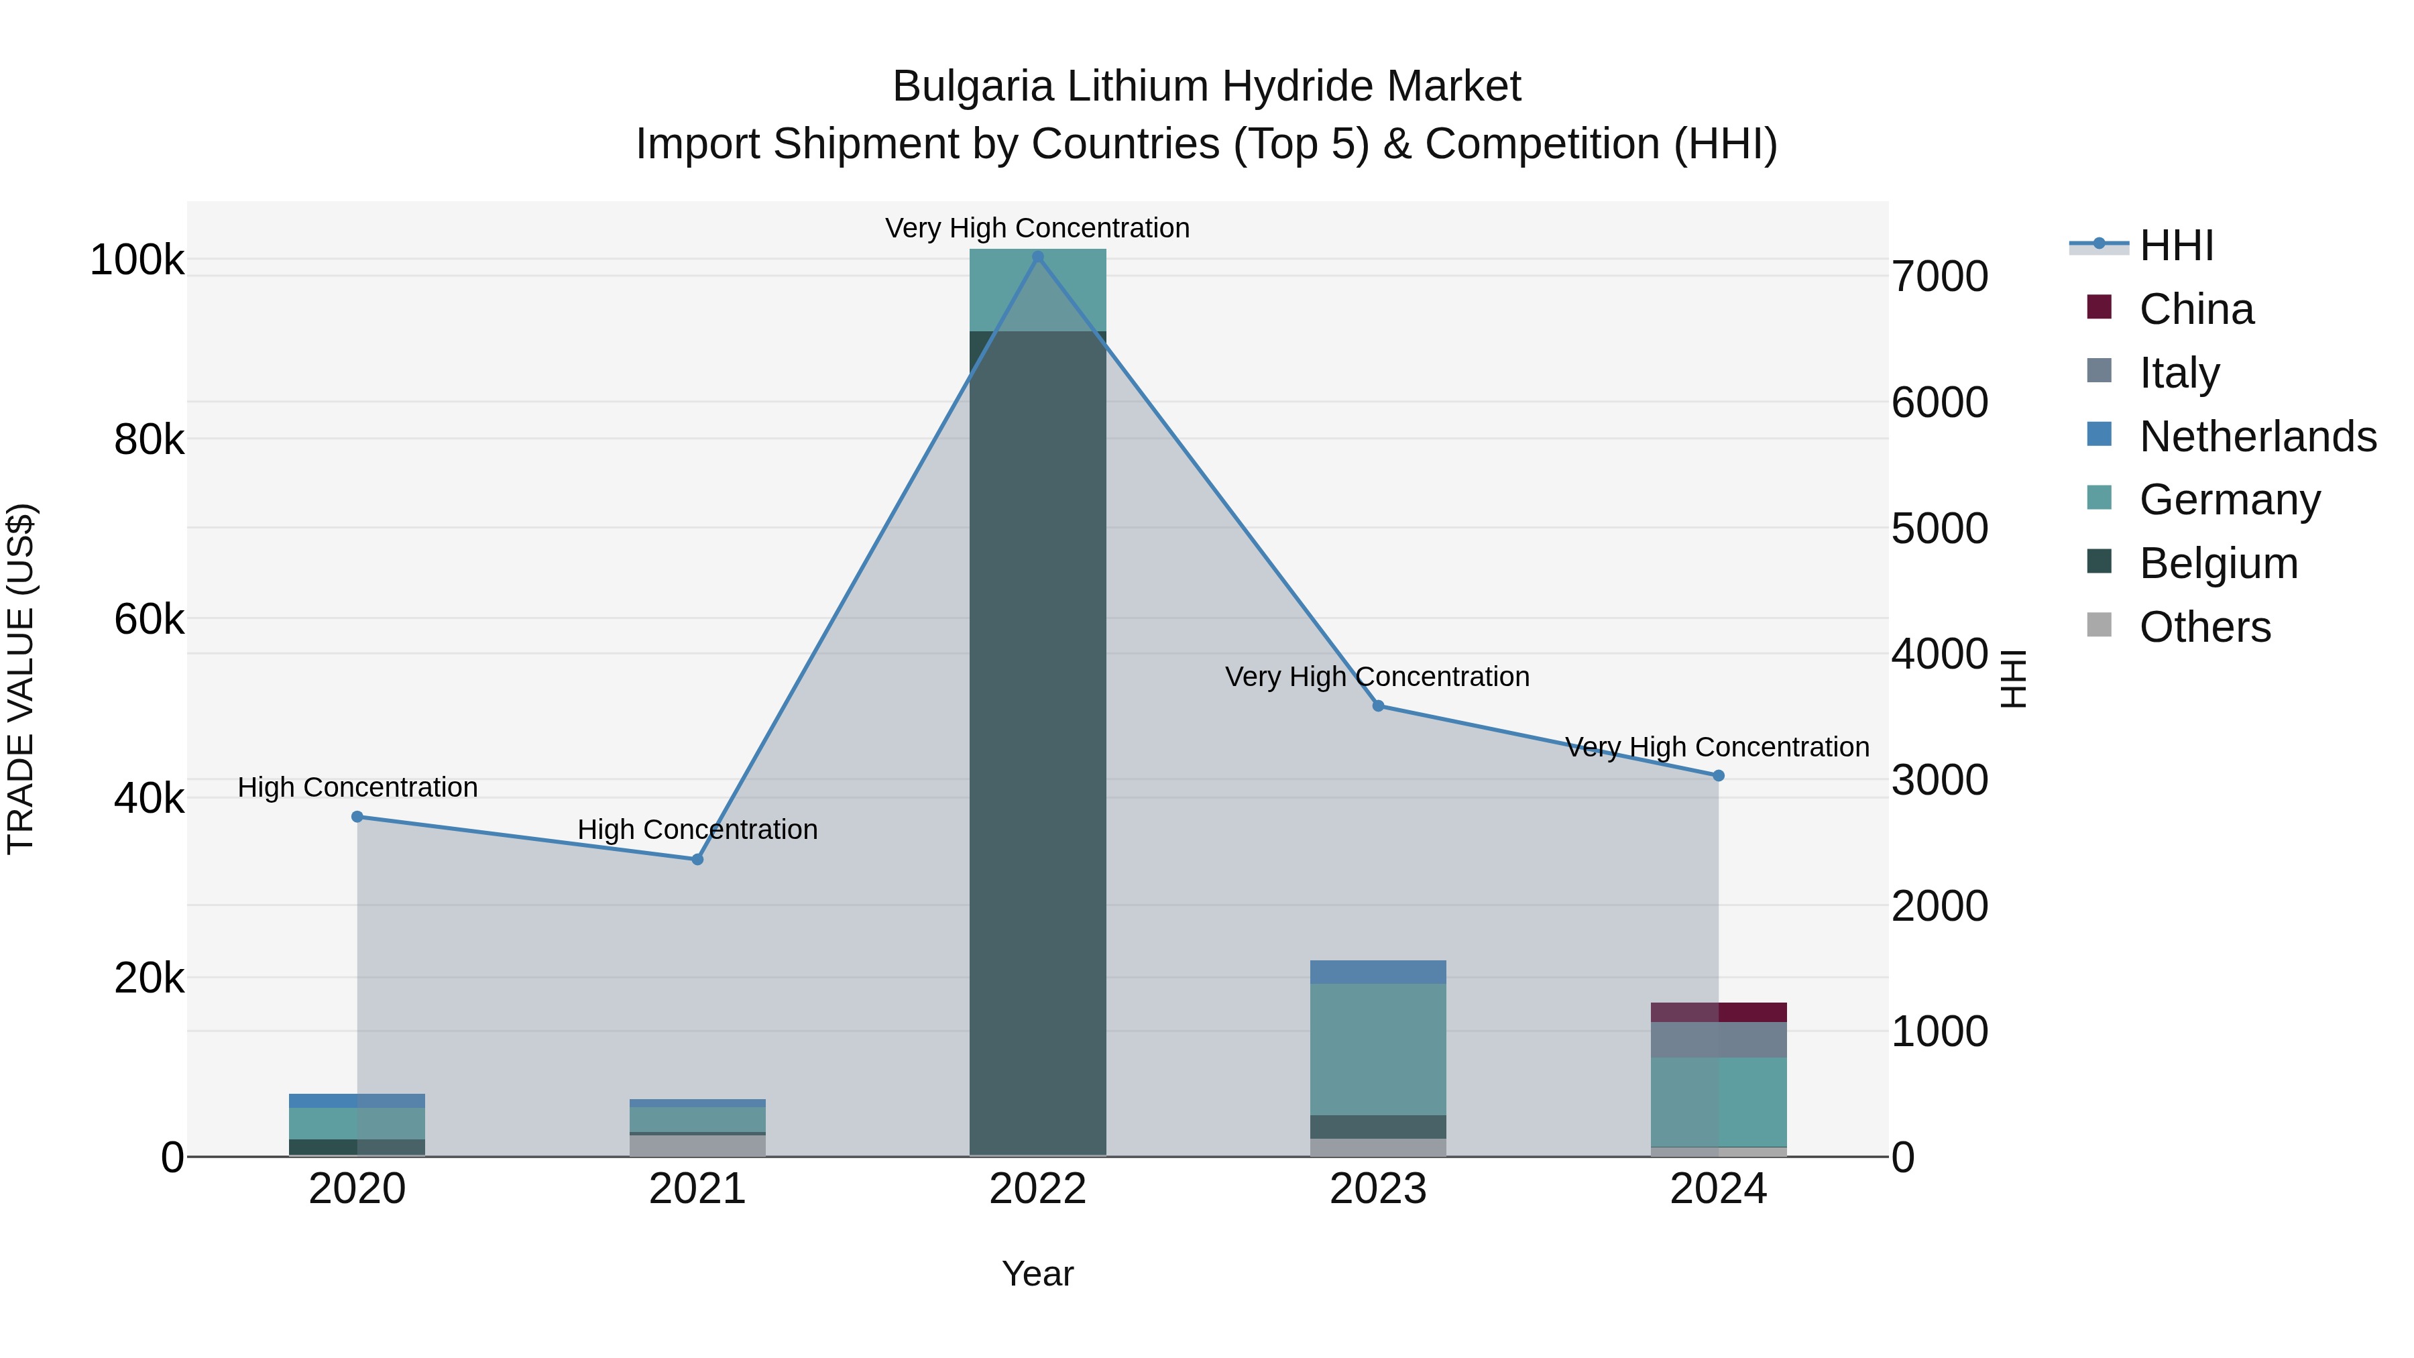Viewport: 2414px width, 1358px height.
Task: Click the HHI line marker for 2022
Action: [x=1037, y=257]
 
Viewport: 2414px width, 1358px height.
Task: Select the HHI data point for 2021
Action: [x=697, y=860]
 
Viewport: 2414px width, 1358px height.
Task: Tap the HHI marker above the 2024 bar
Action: [x=1718, y=776]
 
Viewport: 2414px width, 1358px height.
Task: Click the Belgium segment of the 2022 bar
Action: [x=1037, y=740]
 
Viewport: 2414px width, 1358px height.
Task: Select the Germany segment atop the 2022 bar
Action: [x=1037, y=290]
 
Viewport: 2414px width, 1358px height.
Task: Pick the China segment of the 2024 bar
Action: [x=1718, y=1012]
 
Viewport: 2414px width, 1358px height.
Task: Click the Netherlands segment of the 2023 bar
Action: [x=1377, y=972]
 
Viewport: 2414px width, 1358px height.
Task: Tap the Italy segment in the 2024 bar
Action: [x=1718, y=1039]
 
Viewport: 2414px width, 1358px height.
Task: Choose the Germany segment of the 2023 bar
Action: [x=1377, y=1049]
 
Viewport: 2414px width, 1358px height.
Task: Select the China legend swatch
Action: [x=2099, y=307]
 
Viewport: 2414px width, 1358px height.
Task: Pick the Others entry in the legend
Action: [x=2204, y=627]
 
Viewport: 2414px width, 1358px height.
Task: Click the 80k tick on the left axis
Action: [x=149, y=439]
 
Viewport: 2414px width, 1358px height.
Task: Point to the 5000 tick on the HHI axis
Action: [x=1939, y=528]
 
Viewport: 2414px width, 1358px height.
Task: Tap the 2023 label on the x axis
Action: [x=1377, y=1189]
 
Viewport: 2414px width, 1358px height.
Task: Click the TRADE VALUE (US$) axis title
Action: [x=21, y=679]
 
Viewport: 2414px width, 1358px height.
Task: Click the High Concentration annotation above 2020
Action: [x=357, y=787]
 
